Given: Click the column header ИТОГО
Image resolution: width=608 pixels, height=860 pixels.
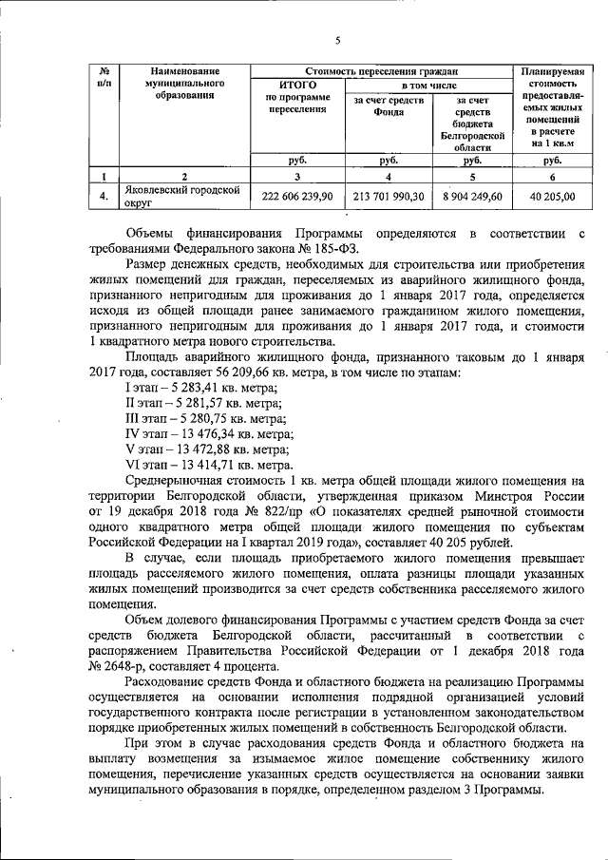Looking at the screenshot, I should (x=297, y=86).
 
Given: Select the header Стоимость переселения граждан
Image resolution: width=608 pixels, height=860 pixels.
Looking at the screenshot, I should (x=380, y=70).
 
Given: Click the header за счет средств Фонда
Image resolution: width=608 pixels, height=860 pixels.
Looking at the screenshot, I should (x=387, y=107).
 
